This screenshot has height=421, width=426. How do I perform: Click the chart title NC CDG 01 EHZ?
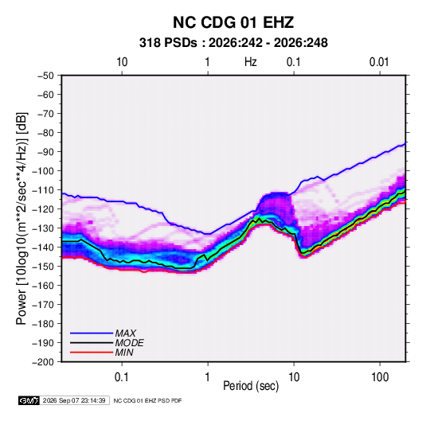[x=233, y=22]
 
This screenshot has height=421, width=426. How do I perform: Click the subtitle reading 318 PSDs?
[x=168, y=43]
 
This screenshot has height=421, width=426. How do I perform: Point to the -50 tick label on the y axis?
[x=45, y=76]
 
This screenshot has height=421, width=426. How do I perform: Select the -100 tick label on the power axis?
[x=43, y=171]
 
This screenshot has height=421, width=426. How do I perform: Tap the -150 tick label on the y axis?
[x=43, y=267]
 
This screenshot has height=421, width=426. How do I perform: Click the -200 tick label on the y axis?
[x=43, y=362]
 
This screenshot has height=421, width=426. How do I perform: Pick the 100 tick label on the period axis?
[x=380, y=377]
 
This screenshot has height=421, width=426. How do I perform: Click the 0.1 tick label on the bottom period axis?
[x=122, y=377]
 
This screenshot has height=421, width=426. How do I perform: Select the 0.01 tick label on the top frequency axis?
[x=379, y=62]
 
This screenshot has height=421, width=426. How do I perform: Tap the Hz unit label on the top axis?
[x=251, y=62]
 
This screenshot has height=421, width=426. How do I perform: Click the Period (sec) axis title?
[x=251, y=386]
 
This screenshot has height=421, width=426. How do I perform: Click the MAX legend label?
[x=126, y=333]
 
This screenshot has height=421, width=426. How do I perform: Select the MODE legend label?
[x=129, y=343]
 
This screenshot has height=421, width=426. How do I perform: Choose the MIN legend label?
[x=124, y=353]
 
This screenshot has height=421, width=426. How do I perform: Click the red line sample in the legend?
[x=92, y=353]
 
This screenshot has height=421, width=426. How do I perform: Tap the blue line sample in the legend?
[x=92, y=333]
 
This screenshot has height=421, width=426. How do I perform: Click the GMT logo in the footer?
[x=29, y=400]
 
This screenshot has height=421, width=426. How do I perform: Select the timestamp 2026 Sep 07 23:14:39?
[x=74, y=400]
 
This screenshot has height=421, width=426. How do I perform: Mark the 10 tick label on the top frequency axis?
[x=122, y=62]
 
